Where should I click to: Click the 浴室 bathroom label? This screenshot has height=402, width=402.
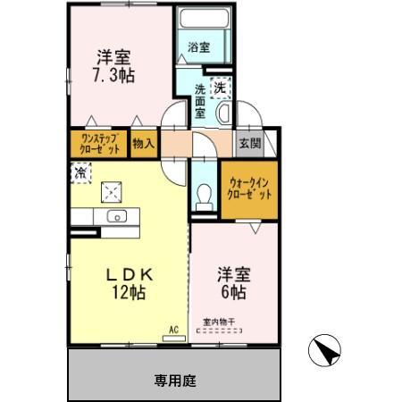click(x=199, y=48)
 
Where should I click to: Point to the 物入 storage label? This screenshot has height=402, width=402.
click(x=143, y=142)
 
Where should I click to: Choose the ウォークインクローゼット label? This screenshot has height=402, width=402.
click(x=248, y=188)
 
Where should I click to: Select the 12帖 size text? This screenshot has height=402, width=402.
click(x=129, y=291)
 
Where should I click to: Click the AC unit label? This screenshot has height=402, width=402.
click(x=174, y=330)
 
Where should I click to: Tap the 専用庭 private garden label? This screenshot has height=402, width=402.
click(x=175, y=379)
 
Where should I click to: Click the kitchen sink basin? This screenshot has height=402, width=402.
click(x=116, y=217)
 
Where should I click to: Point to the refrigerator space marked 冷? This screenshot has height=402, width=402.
click(x=80, y=172)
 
